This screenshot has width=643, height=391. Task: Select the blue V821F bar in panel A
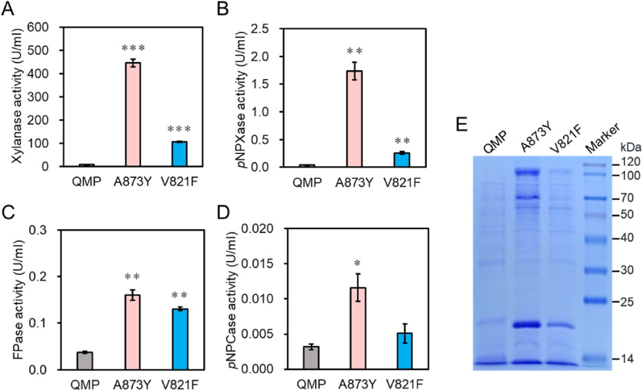tap(179, 154)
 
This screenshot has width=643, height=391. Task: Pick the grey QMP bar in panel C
tap(85, 361)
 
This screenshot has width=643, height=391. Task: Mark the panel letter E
tap(461, 125)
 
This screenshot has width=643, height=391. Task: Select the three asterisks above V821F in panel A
tap(179, 130)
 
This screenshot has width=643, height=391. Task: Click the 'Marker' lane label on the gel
tap(604, 139)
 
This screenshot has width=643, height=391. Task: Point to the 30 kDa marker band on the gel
tap(596, 271)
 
